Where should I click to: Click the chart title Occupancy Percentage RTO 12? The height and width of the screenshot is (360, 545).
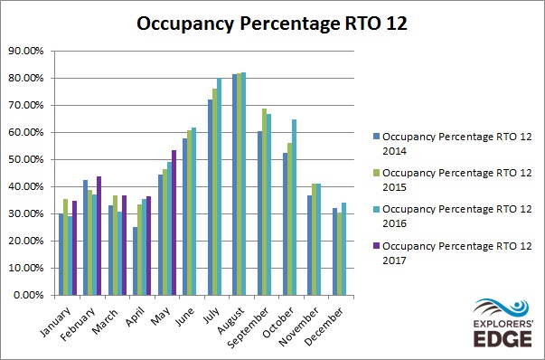click(x=272, y=24)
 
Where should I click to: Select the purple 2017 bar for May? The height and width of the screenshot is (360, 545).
click(x=174, y=223)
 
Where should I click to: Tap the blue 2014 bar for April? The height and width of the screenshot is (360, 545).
click(x=136, y=261)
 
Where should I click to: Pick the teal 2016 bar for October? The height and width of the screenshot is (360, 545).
click(x=294, y=207)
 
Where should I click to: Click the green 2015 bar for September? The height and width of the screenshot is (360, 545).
click(x=265, y=202)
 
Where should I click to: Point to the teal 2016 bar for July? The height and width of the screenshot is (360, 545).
click(x=220, y=186)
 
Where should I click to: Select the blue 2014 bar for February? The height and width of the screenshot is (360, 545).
click(x=86, y=238)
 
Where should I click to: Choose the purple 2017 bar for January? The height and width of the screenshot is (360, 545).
click(x=74, y=248)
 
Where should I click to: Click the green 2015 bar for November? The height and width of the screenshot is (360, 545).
click(x=315, y=240)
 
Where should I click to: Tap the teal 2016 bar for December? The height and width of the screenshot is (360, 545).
click(x=343, y=249)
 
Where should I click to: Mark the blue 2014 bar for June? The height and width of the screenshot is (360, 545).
click(x=185, y=217)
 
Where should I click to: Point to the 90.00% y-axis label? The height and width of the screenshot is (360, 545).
click(x=26, y=52)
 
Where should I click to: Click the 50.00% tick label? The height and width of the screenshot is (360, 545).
click(x=26, y=160)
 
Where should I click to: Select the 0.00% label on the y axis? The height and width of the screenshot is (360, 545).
click(x=29, y=295)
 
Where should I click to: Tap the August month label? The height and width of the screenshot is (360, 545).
click(x=230, y=321)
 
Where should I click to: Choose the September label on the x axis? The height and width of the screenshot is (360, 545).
click(x=248, y=327)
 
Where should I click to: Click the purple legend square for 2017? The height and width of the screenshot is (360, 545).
click(x=376, y=246)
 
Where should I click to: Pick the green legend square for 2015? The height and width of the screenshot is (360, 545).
click(x=376, y=173)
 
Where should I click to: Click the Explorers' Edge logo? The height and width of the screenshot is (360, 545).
click(x=503, y=323)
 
